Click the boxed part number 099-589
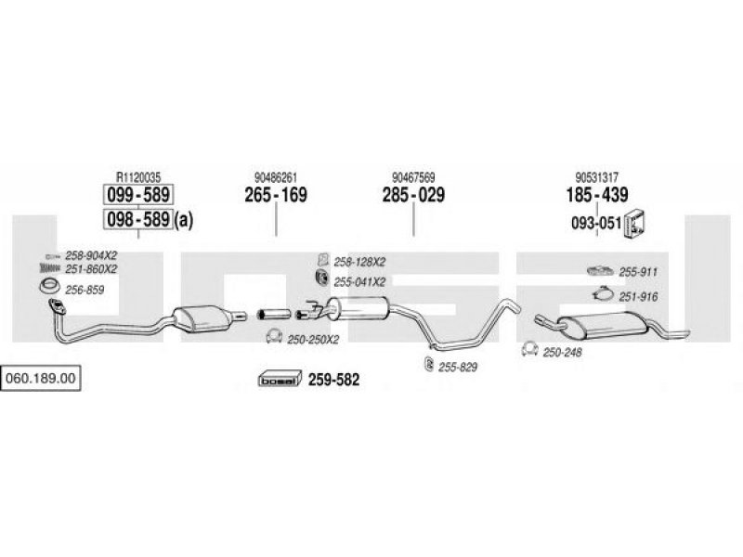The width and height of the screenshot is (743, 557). [137, 196]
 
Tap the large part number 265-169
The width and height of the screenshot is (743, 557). [276, 196]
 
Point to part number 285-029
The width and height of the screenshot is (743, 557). [413, 196]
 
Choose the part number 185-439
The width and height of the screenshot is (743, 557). [597, 196]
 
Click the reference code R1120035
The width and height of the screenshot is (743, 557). [137, 177]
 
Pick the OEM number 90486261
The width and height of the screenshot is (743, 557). [276, 177]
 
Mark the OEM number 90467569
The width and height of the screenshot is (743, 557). [413, 177]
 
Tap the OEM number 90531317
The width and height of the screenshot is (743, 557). [597, 177]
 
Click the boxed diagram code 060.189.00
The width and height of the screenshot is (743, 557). [42, 379]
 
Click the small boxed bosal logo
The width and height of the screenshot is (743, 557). [278, 379]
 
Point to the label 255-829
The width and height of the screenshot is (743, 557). [458, 367]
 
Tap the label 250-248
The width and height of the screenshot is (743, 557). [563, 352]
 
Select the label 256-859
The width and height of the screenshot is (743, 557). [85, 290]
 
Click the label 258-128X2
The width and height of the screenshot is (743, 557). [360, 264]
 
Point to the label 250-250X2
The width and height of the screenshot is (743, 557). [314, 339]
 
